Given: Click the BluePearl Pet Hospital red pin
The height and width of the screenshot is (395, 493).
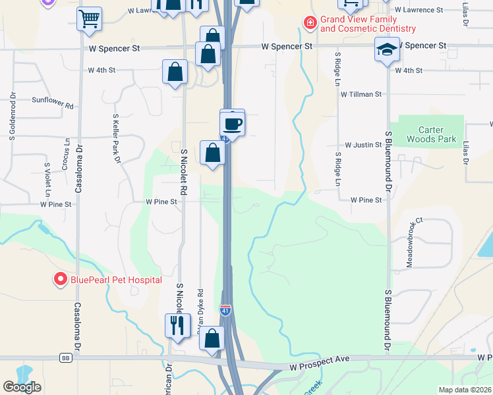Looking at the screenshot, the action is pos(60,280).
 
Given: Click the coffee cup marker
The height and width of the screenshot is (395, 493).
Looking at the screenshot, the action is pos(232,123).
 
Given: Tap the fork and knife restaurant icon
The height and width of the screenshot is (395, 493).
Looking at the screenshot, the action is pos(177,326).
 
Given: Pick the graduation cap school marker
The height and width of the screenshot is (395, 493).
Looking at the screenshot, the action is pos(387,49).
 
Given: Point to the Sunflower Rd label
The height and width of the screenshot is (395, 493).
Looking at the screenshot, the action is pos(52,102).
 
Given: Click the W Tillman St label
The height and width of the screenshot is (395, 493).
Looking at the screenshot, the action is pos(361,94).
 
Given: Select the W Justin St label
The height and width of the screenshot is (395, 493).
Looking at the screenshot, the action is pos(363,144).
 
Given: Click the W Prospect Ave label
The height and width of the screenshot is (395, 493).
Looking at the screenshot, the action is pos(318,358).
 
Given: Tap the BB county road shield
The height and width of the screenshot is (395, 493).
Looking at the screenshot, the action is pos(65,358).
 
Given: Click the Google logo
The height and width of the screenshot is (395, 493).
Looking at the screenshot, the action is pos(22,387).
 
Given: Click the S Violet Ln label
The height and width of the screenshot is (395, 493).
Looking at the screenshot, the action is pos(47,180).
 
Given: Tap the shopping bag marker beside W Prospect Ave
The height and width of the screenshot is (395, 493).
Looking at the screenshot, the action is pos(212,339).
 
